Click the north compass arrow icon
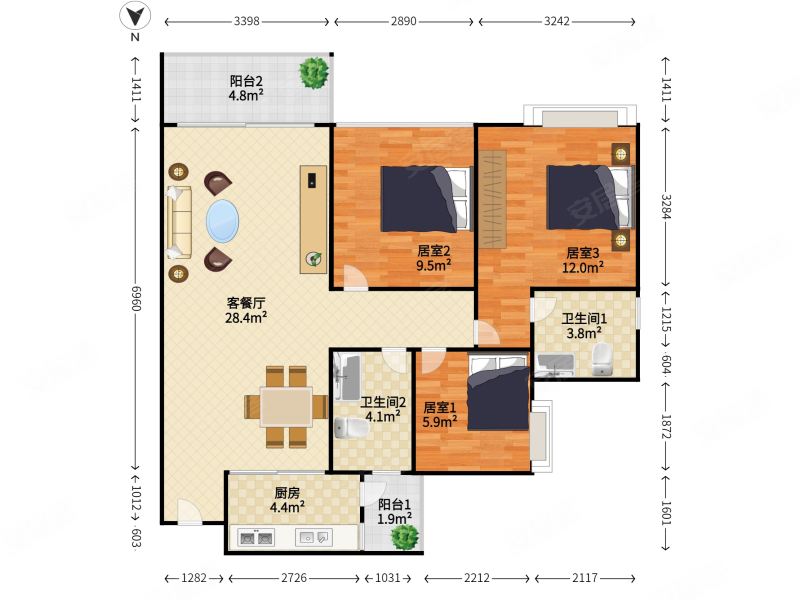click(x=135, y=16)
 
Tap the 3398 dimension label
click(x=246, y=21)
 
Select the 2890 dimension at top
click(x=404, y=21)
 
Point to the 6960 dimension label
click(x=136, y=298)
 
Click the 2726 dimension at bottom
click(x=294, y=578)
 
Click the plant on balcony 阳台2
click(x=314, y=73)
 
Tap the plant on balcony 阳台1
click(x=405, y=536)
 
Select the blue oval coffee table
click(x=222, y=221)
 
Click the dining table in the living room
click(x=286, y=407)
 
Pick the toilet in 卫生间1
click(x=603, y=359)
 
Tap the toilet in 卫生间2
click(x=351, y=428)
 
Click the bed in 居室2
click(x=426, y=198)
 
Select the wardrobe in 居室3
click(x=492, y=199)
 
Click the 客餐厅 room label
click(x=246, y=303)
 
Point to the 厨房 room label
click(x=287, y=493)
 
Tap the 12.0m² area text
click(x=583, y=267)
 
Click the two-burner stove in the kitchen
click(x=256, y=538)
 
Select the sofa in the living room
click(x=179, y=222)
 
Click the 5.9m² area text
click(x=440, y=422)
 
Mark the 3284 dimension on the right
click(x=666, y=207)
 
